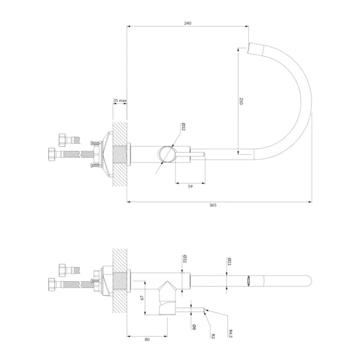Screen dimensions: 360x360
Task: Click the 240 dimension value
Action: pyautogui.click(x=188, y=23)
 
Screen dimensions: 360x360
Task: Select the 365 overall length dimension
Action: pyautogui.click(x=213, y=205)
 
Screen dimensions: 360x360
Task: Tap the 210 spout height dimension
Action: pyautogui.click(x=241, y=101)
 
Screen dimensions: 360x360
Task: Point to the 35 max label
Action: pyautogui.click(x=120, y=100)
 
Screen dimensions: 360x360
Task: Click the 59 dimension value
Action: pyautogui.click(x=190, y=186)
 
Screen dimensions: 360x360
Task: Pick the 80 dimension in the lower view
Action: pyautogui.click(x=147, y=340)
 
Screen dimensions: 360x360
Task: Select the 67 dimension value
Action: pyautogui.click(x=142, y=298)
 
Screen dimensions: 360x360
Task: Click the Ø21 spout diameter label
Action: pyautogui.click(x=229, y=261)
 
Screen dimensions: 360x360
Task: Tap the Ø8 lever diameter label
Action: pyautogui.click(x=194, y=327)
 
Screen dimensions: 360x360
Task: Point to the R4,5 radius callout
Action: pyautogui.click(x=230, y=333)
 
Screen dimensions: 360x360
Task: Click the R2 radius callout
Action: pyautogui.click(x=213, y=336)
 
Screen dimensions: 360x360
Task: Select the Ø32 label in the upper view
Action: pyautogui.click(x=183, y=127)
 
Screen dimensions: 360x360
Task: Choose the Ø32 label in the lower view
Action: pyautogui.click(x=184, y=259)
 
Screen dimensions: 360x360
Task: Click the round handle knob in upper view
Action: pyautogui.click(x=167, y=154)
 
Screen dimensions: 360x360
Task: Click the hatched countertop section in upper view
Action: pyautogui.click(x=120, y=154)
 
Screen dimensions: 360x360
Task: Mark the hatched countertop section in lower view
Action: pyautogui.click(x=120, y=281)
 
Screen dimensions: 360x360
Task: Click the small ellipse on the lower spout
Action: pyautogui.click(x=249, y=281)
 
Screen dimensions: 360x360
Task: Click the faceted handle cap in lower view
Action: pyautogui.click(x=167, y=288)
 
